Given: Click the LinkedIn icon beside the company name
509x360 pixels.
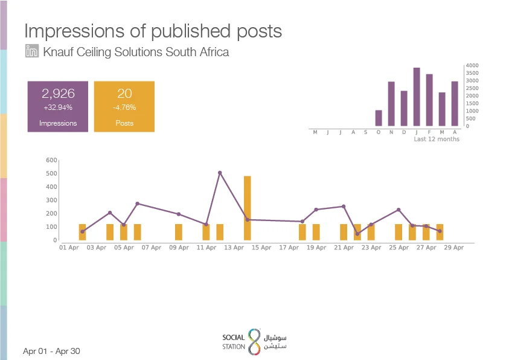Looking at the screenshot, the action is click(x=32, y=51).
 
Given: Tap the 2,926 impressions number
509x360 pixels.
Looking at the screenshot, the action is click(x=58, y=94).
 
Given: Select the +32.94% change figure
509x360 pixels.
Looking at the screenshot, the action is click(x=58, y=108).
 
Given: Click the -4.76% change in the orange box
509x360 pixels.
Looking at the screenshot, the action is click(x=124, y=108).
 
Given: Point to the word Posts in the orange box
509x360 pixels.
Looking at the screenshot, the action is click(x=124, y=123).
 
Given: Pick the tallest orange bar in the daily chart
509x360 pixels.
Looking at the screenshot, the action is click(x=248, y=208).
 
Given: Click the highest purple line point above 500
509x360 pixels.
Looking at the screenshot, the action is click(x=220, y=173).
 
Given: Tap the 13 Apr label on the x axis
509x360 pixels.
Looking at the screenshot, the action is click(x=234, y=248).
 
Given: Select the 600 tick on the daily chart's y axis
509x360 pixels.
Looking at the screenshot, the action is click(x=51, y=160).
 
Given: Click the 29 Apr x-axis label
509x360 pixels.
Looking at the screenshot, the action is click(x=454, y=248).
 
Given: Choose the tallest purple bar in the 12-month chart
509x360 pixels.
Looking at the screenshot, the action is click(x=417, y=97).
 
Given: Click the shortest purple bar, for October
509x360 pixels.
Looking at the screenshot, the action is click(x=379, y=118).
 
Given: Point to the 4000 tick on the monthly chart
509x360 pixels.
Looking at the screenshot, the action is click(x=472, y=65).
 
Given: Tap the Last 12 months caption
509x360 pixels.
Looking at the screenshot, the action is click(x=437, y=139).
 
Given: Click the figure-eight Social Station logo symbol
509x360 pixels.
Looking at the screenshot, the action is click(x=255, y=341).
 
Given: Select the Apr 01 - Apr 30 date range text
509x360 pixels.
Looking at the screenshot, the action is click(x=51, y=351).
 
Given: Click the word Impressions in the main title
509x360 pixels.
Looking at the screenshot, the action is click(x=74, y=31).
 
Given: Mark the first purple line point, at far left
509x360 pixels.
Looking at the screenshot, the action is click(x=83, y=231).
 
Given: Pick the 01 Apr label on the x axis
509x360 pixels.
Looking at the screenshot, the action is click(x=69, y=248).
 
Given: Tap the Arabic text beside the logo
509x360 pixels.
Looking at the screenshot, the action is click(x=275, y=342).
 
